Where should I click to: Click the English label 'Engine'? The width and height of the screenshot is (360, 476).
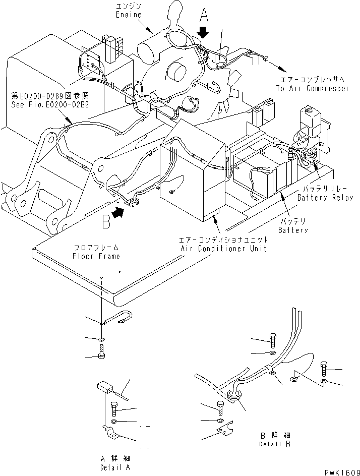tap(123, 16)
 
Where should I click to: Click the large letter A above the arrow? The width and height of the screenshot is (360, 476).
tap(204, 15)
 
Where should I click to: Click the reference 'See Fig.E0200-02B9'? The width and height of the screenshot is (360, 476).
tap(50, 105)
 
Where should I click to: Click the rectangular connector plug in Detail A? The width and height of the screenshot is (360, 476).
tap(105, 387)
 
